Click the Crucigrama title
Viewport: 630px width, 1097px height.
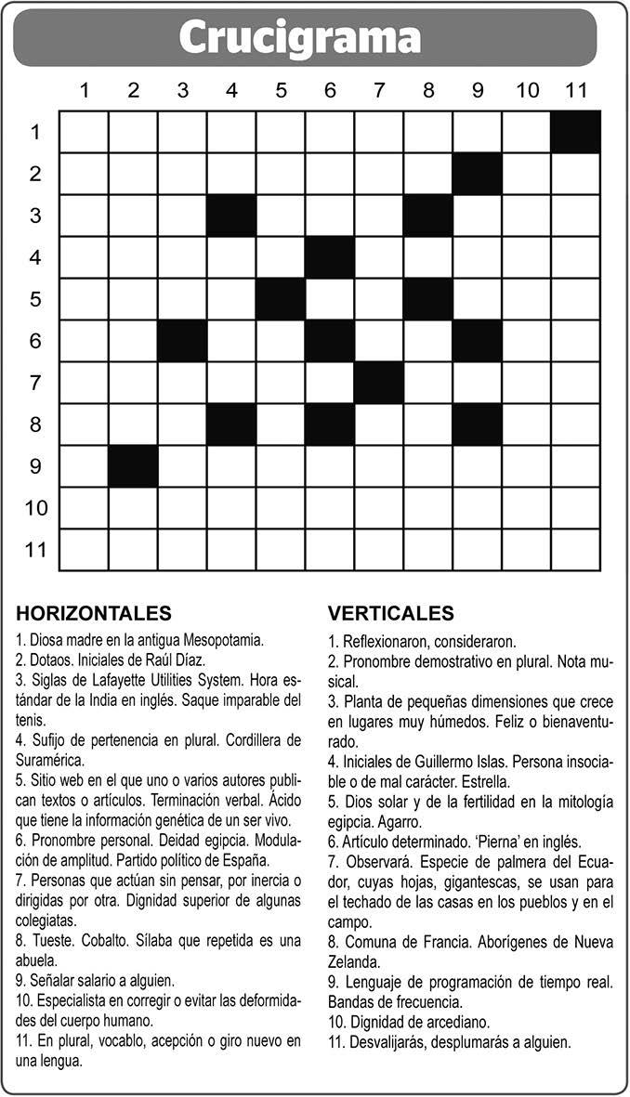point(299,38)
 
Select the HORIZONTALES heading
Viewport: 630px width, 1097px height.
point(94,613)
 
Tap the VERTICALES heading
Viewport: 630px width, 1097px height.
point(391,613)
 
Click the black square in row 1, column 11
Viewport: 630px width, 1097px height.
point(575,131)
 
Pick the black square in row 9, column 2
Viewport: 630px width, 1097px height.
point(133,465)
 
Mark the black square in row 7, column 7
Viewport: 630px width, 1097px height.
point(378,383)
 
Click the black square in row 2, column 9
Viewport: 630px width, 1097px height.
point(478,174)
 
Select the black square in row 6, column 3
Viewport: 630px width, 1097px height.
point(182,341)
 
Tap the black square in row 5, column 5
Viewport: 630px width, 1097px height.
point(281,299)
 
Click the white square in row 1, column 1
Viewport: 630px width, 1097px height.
point(84,131)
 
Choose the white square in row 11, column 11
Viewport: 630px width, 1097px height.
point(575,550)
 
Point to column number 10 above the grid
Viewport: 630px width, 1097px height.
point(527,90)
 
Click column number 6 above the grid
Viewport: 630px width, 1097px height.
point(330,90)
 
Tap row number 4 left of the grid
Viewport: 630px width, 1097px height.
point(35,257)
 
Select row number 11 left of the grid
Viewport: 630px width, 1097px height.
point(35,550)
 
